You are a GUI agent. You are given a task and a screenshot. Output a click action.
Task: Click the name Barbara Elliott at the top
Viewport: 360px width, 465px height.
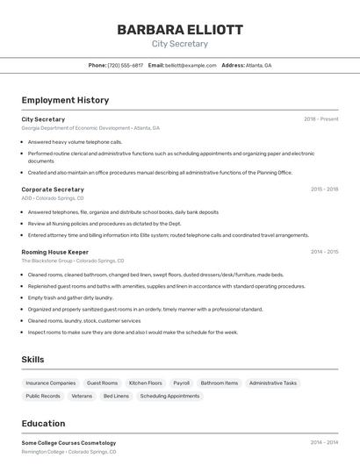180,30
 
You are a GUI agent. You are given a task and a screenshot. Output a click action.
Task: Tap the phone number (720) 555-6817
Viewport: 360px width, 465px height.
125,65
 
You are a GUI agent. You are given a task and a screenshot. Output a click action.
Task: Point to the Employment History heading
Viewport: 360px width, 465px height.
65,100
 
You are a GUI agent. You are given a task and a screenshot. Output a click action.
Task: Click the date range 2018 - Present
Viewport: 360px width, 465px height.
321,119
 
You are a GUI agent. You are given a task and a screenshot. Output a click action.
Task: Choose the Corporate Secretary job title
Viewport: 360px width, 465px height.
53,190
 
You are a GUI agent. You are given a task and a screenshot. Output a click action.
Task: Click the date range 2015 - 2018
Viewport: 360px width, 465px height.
324,190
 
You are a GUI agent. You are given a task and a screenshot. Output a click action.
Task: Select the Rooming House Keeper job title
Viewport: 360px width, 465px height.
55,252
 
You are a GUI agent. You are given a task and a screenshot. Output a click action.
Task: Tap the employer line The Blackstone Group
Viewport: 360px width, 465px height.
72,261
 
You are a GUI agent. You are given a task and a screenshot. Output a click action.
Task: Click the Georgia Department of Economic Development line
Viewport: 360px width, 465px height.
90,128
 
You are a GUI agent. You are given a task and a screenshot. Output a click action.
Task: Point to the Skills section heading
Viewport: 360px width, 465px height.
32,360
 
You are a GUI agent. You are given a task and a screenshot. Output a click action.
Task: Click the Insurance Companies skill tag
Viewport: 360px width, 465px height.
51,383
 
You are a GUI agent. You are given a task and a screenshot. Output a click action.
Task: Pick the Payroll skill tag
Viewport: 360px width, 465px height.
181,383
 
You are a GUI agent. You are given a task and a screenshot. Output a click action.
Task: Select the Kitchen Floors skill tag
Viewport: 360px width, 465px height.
145,383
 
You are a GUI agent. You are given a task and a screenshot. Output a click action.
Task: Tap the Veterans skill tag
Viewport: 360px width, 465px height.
82,397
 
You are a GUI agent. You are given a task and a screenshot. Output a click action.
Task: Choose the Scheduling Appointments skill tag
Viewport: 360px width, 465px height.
169,397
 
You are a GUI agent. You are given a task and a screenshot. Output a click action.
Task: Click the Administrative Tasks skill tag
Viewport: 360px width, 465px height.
273,383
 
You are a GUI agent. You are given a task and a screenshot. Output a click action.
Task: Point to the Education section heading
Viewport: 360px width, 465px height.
43,424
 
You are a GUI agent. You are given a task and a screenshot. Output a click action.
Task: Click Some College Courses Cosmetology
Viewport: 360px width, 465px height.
68,443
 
